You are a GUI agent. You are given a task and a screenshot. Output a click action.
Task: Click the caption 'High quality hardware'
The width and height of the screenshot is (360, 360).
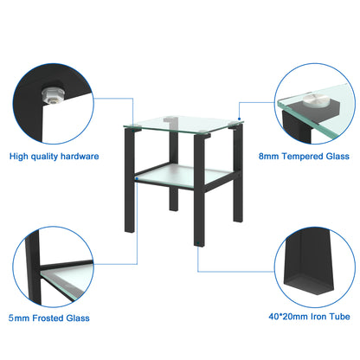coord(54,157)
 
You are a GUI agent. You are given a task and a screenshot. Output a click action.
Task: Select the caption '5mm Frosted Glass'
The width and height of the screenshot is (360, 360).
coord(49,318)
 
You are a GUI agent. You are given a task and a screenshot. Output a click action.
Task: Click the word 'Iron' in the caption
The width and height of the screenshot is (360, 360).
coord(312,318)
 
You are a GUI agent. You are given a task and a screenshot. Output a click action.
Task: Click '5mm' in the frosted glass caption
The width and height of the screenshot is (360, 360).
coord(20,318)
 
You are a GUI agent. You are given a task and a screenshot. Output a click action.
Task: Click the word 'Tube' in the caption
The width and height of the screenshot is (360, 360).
coord(337,318)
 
